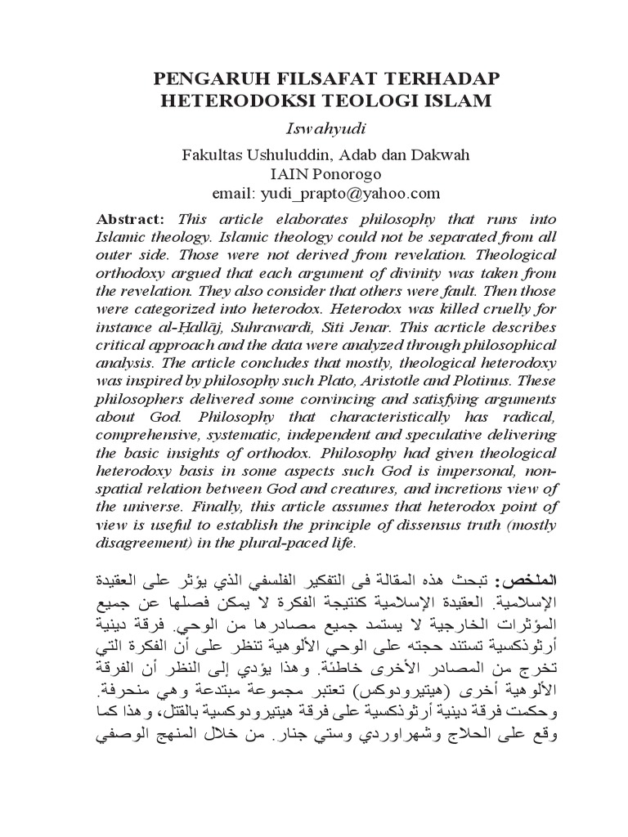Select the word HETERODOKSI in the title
pos(220,101)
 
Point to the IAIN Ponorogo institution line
pos(313,175)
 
